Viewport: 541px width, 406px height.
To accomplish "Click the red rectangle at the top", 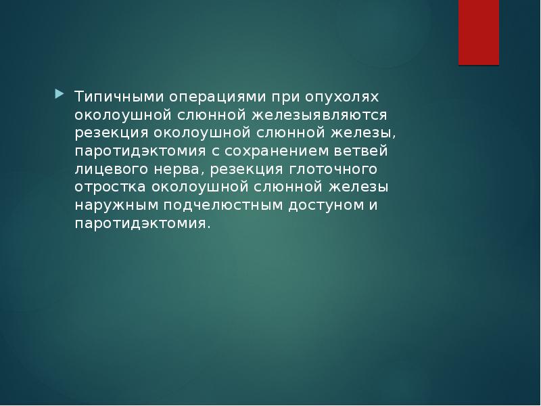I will coord(479,32).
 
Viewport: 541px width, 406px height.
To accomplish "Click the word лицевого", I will coord(110,168).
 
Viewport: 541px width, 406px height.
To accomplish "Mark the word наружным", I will coord(116,204).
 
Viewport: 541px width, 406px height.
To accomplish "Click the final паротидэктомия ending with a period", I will coord(143,223).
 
